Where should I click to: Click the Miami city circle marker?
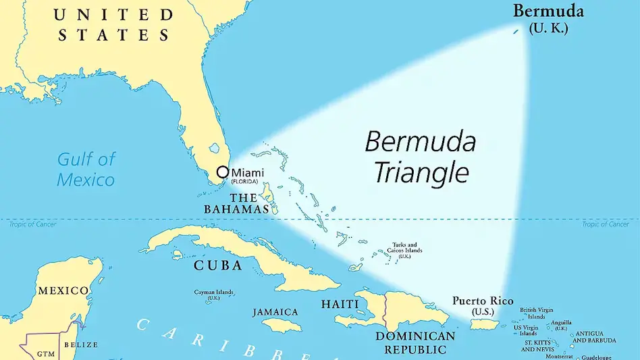click(x=222, y=172)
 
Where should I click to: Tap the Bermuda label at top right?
click(x=548, y=11)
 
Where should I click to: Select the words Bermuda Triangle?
click(x=421, y=157)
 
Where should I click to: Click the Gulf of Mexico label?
click(x=86, y=169)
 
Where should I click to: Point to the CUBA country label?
click(x=217, y=265)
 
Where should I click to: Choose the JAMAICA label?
click(x=275, y=312)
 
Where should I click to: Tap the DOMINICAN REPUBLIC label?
click(x=415, y=342)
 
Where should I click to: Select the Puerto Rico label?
click(x=483, y=301)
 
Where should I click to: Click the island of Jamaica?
click(x=282, y=326)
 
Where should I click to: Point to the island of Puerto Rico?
click(x=484, y=325)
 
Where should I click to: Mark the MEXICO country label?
click(x=63, y=290)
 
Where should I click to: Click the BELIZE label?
click(x=81, y=344)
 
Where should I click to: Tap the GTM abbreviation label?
click(x=45, y=353)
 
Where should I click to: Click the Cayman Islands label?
click(x=213, y=294)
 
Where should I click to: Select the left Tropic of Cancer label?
click(x=32, y=224)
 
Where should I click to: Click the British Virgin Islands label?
click(x=537, y=313)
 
